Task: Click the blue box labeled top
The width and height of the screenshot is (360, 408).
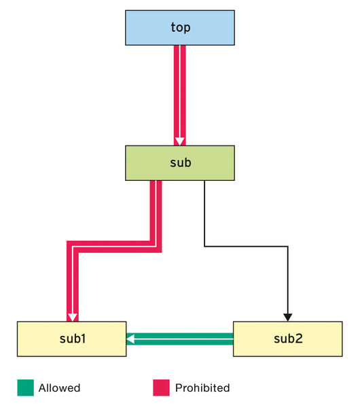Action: click(180, 28)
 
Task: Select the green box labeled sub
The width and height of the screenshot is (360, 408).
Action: click(180, 163)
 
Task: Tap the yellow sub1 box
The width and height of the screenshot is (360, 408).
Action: click(72, 339)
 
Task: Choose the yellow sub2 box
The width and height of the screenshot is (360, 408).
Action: click(288, 339)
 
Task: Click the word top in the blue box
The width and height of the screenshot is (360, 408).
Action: click(181, 28)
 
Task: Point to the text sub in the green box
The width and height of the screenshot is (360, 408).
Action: click(181, 163)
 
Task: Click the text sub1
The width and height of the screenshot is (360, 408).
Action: click(73, 339)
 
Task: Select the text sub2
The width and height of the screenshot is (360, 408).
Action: click(288, 339)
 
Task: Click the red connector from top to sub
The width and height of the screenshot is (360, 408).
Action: click(180, 95)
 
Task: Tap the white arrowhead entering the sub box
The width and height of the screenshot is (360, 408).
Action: click(180, 141)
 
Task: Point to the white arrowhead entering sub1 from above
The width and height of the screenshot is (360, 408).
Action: click(73, 318)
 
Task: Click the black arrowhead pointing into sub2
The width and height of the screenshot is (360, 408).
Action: click(288, 318)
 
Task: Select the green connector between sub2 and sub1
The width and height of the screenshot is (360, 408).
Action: click(180, 339)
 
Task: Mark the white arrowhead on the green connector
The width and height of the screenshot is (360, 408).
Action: click(130, 339)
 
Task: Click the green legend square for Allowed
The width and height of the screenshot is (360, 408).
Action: click(26, 388)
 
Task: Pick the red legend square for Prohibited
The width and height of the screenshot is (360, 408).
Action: click(161, 388)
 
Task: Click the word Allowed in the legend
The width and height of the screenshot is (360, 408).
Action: click(59, 388)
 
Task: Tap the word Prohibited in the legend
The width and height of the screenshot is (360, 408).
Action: click(202, 388)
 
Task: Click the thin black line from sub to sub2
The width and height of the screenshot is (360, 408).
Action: click(246, 246)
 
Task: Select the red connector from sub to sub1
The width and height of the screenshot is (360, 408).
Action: click(114, 247)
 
